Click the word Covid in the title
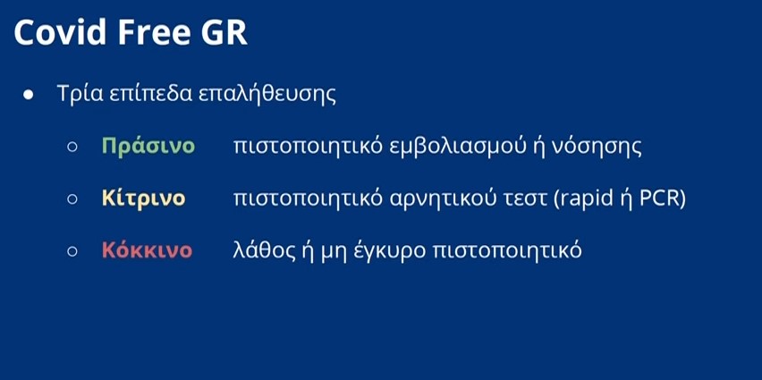60,32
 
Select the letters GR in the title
221,32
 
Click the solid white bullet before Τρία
29,94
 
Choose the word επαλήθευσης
267,95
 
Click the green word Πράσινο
148,147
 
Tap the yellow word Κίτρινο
143,198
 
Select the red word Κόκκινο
147,250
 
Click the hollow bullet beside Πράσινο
72,147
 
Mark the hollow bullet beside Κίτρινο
72,198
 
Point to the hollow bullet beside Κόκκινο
72,250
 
